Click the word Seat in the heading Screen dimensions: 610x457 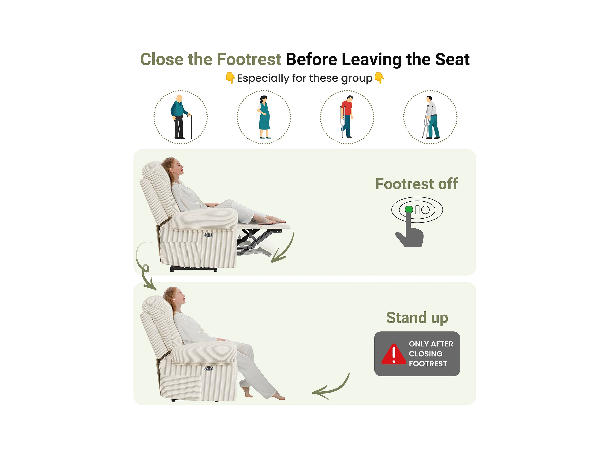pyautogui.click(x=452, y=59)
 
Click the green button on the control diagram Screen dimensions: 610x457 pyautogui.click(x=409, y=210)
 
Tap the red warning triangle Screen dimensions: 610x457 pyautogui.click(x=394, y=354)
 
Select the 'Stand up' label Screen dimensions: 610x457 pyautogui.click(x=417, y=318)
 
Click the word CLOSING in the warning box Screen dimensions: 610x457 pyautogui.click(x=426, y=354)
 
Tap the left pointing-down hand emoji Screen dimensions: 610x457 pyautogui.click(x=230, y=78)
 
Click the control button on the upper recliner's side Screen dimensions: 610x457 pyautogui.click(x=208, y=235)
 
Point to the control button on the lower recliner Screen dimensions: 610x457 pyautogui.click(x=209, y=369)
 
